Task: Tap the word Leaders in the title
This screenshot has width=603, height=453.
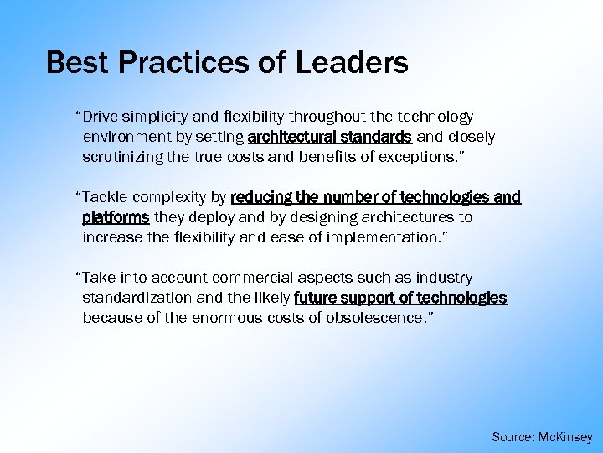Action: click(x=352, y=62)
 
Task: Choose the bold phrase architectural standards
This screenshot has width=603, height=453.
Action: click(x=329, y=137)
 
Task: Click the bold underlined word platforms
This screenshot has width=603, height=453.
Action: click(x=116, y=217)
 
